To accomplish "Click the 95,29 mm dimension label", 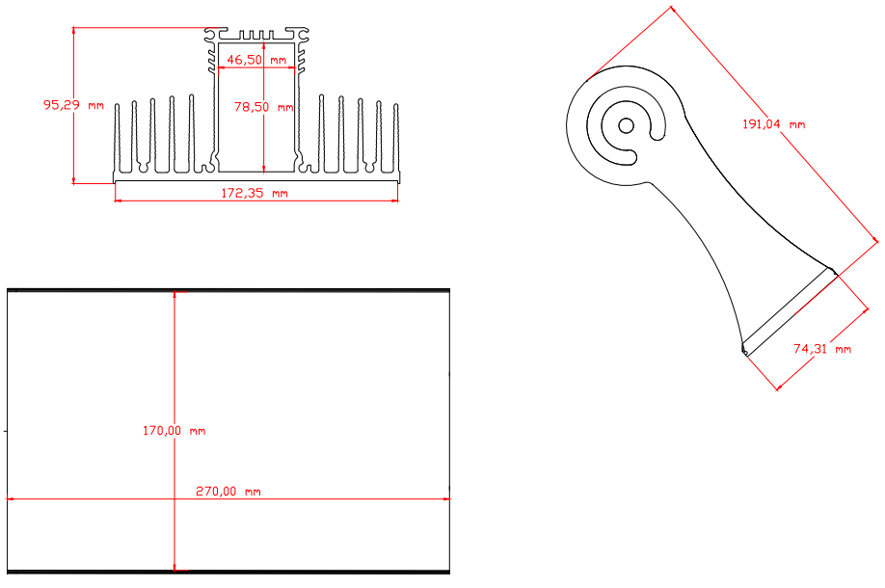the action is click(x=73, y=105).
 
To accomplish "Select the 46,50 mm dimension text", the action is click(x=256, y=60).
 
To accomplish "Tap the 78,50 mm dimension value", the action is click(x=263, y=107).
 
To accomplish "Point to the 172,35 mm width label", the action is click(x=254, y=193).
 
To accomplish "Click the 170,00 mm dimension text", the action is click(x=174, y=431).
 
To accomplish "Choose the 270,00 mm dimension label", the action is click(x=228, y=492).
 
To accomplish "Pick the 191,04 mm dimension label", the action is click(x=773, y=124).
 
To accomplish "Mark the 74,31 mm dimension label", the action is click(x=821, y=349).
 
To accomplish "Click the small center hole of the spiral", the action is click(x=626, y=125).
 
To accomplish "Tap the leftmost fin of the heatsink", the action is click(x=117, y=138).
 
